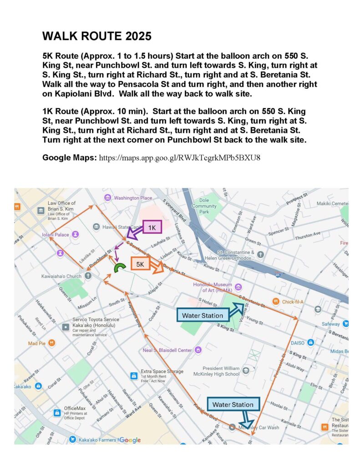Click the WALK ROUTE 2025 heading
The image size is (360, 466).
tap(97, 36)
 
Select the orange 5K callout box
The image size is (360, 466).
tap(140, 264)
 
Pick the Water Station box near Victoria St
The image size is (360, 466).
tap(203, 315)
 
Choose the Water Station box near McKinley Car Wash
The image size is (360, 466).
tap(233, 405)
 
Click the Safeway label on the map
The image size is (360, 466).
tap(330, 324)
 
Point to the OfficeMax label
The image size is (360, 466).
tap(75, 409)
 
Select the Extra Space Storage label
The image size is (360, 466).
tap(162, 371)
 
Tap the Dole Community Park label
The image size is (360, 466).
tap(204, 206)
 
